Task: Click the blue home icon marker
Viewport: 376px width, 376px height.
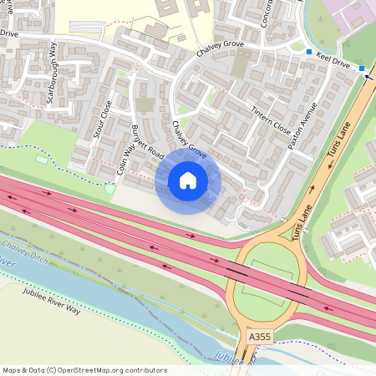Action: tap(188, 180)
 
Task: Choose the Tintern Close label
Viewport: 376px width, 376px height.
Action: tap(271, 118)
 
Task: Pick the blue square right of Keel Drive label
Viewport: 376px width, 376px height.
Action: tap(362, 69)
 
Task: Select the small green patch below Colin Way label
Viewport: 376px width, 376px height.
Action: tap(109, 187)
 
